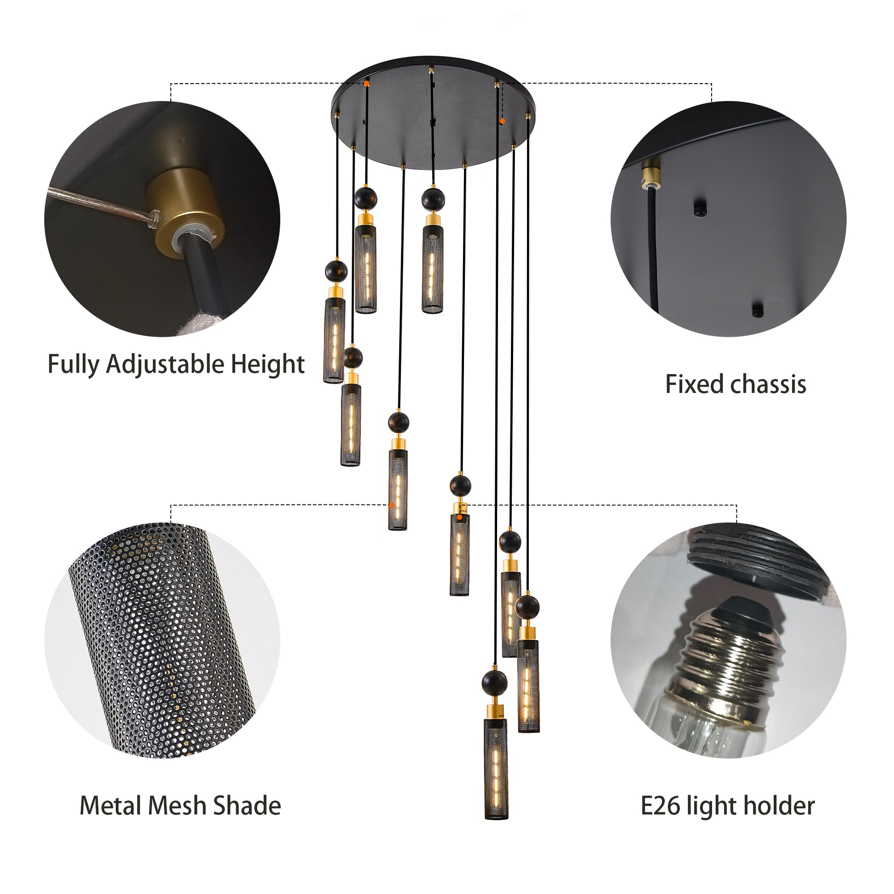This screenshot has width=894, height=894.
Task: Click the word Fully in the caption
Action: pos(74,364)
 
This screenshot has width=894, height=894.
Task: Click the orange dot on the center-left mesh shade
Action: pos(391,505)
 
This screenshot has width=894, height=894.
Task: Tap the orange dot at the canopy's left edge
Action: pos(366,84)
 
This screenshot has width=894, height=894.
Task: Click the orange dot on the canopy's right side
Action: pos(503,121)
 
